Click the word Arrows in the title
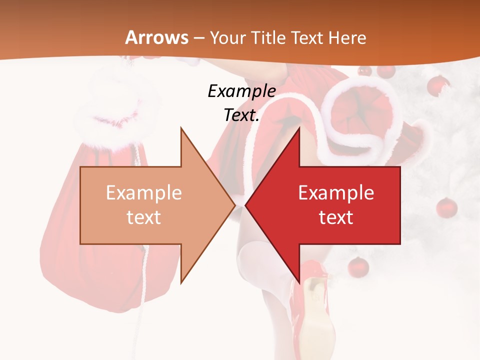(x=156, y=37)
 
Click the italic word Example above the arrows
(x=241, y=91)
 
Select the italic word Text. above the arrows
(x=241, y=115)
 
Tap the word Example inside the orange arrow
(x=144, y=193)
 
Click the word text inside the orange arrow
(x=144, y=217)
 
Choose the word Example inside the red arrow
(x=336, y=193)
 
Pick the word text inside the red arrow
(x=336, y=217)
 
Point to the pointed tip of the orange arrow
(x=234, y=205)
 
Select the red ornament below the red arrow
(x=358, y=266)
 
